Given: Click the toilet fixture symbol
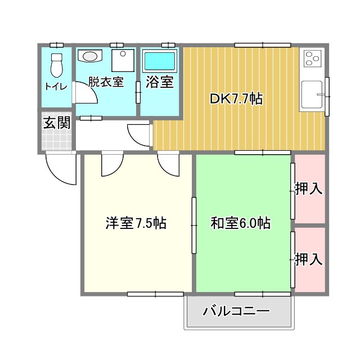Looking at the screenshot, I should [x=57, y=66].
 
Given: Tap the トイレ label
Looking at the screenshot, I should [x=56, y=87].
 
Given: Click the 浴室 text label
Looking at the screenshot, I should [x=160, y=82].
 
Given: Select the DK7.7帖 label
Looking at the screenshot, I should [x=236, y=98].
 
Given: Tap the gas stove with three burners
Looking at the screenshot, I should [x=312, y=58].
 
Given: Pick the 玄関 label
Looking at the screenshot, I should [x=57, y=122].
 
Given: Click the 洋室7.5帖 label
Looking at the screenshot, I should [x=136, y=223].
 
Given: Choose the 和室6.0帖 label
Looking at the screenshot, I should [x=241, y=223].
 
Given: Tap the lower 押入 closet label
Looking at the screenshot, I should [x=309, y=259].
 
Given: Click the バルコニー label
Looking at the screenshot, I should [x=237, y=311].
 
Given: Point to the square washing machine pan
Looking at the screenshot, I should [x=122, y=59].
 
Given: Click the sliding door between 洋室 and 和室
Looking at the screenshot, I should [x=194, y=225].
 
